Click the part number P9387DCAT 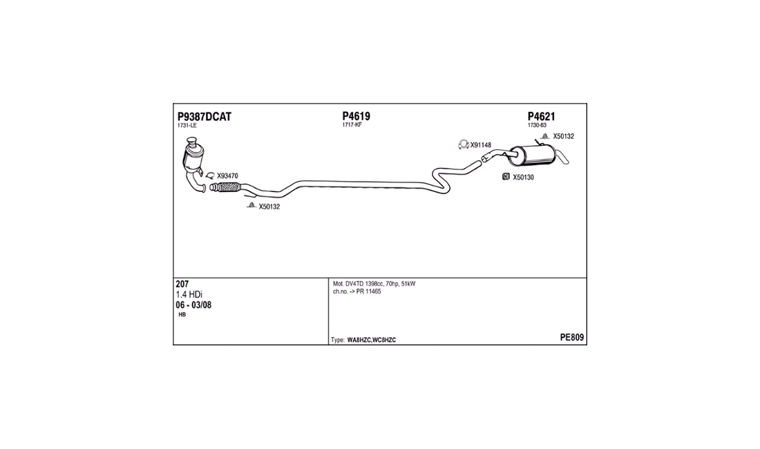(x=204, y=117)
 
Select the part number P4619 (x=357, y=116)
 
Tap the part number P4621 (x=542, y=116)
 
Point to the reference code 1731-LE (x=187, y=126)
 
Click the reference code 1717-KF (x=352, y=125)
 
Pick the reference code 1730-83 (x=537, y=125)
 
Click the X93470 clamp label (x=227, y=176)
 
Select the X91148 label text (x=480, y=145)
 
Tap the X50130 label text (x=524, y=178)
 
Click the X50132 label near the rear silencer (x=564, y=137)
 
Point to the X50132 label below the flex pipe (x=269, y=207)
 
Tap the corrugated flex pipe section (x=226, y=187)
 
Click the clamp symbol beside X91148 (x=464, y=144)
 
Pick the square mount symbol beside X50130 (x=506, y=177)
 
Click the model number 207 (x=182, y=285)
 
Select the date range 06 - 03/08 (x=193, y=305)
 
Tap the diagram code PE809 (x=572, y=338)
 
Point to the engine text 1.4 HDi (x=189, y=294)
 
